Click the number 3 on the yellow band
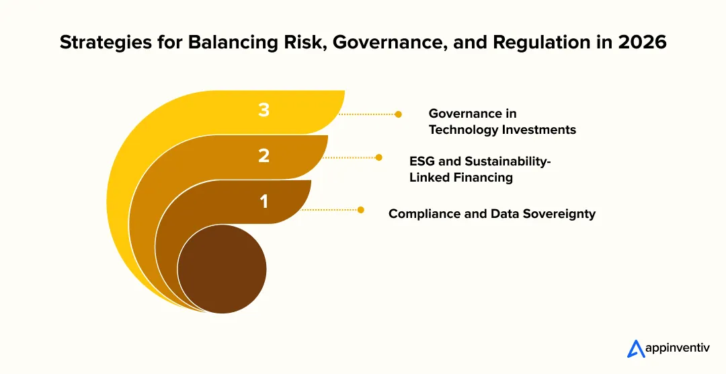[x=264, y=110]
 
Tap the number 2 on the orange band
[x=264, y=155]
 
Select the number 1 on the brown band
[x=264, y=201]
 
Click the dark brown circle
[x=223, y=269]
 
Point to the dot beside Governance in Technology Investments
[x=398, y=114]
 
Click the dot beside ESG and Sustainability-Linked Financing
[x=378, y=157]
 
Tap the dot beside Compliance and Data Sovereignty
[x=361, y=210]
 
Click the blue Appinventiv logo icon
[x=636, y=349]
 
